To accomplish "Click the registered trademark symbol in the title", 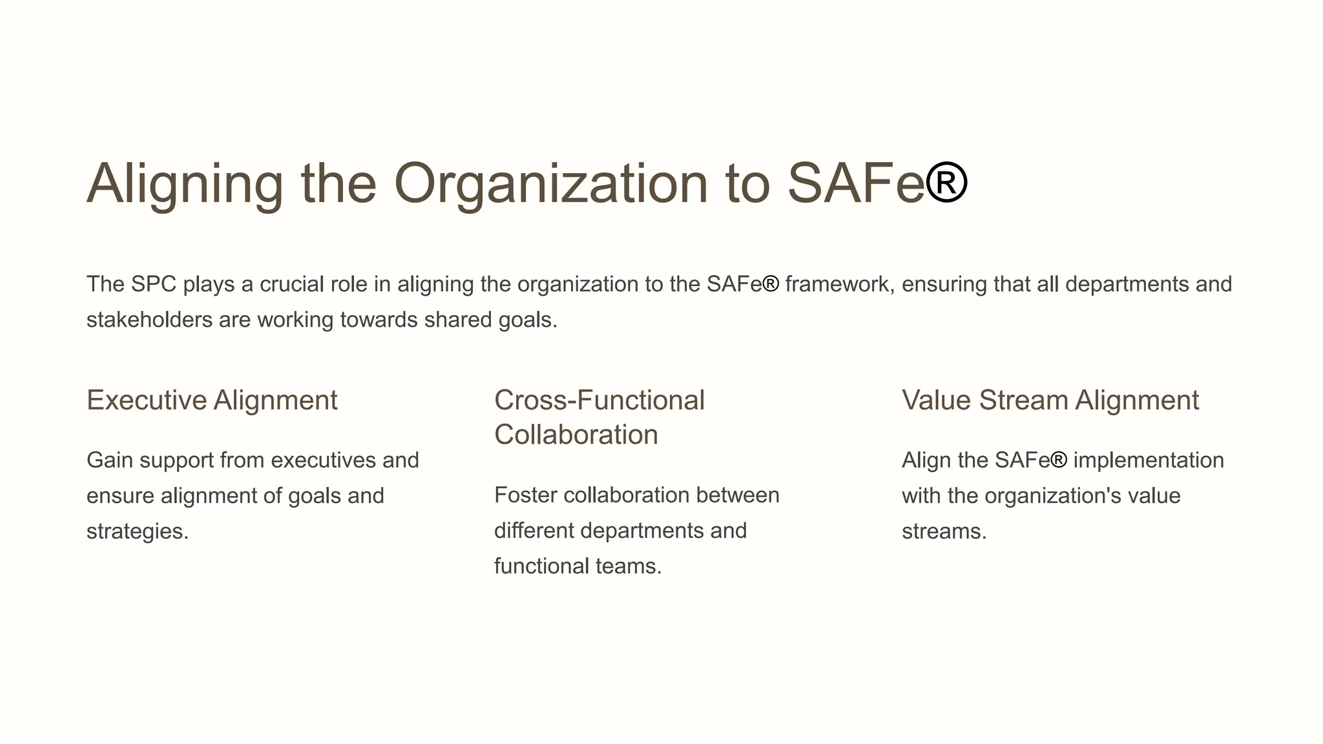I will tap(946, 182).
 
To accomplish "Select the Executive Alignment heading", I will tap(212, 400).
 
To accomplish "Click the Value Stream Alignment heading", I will tap(1050, 400).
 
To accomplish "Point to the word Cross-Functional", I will tap(599, 400).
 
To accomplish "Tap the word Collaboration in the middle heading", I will tap(576, 435).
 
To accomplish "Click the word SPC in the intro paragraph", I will tap(153, 284).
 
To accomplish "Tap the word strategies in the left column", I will tap(137, 532).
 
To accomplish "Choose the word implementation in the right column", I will tap(1148, 460).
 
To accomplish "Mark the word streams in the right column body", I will tap(944, 532).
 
